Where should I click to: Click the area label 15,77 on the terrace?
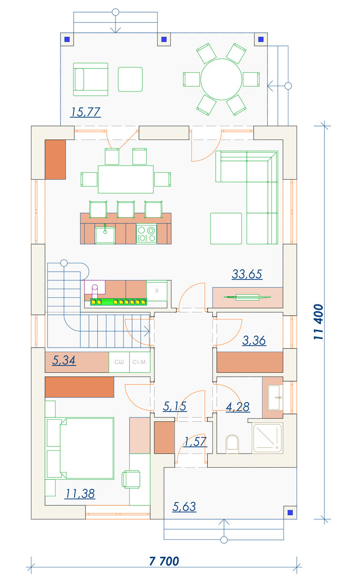tap(85, 112)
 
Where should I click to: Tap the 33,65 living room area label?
tap(247, 274)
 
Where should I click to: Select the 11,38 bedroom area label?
tap(80, 493)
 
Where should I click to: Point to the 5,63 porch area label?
tap(184, 506)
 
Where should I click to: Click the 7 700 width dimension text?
tap(164, 561)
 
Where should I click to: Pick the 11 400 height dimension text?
tap(318, 321)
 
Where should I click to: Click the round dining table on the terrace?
tap(221, 79)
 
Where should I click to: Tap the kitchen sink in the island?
tap(105, 235)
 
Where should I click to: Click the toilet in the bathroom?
tap(232, 444)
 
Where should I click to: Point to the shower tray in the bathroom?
tap(268, 438)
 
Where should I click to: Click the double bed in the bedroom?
tap(79, 448)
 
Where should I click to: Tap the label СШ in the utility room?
tap(119, 362)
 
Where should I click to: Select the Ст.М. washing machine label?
tap(139, 362)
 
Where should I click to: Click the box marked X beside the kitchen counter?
tap(157, 290)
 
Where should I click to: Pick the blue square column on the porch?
tap(290, 512)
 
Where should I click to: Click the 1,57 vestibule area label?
tap(195, 442)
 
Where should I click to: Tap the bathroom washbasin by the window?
tap(275, 398)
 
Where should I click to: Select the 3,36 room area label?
tap(254, 340)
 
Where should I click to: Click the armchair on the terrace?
tap(90, 79)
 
